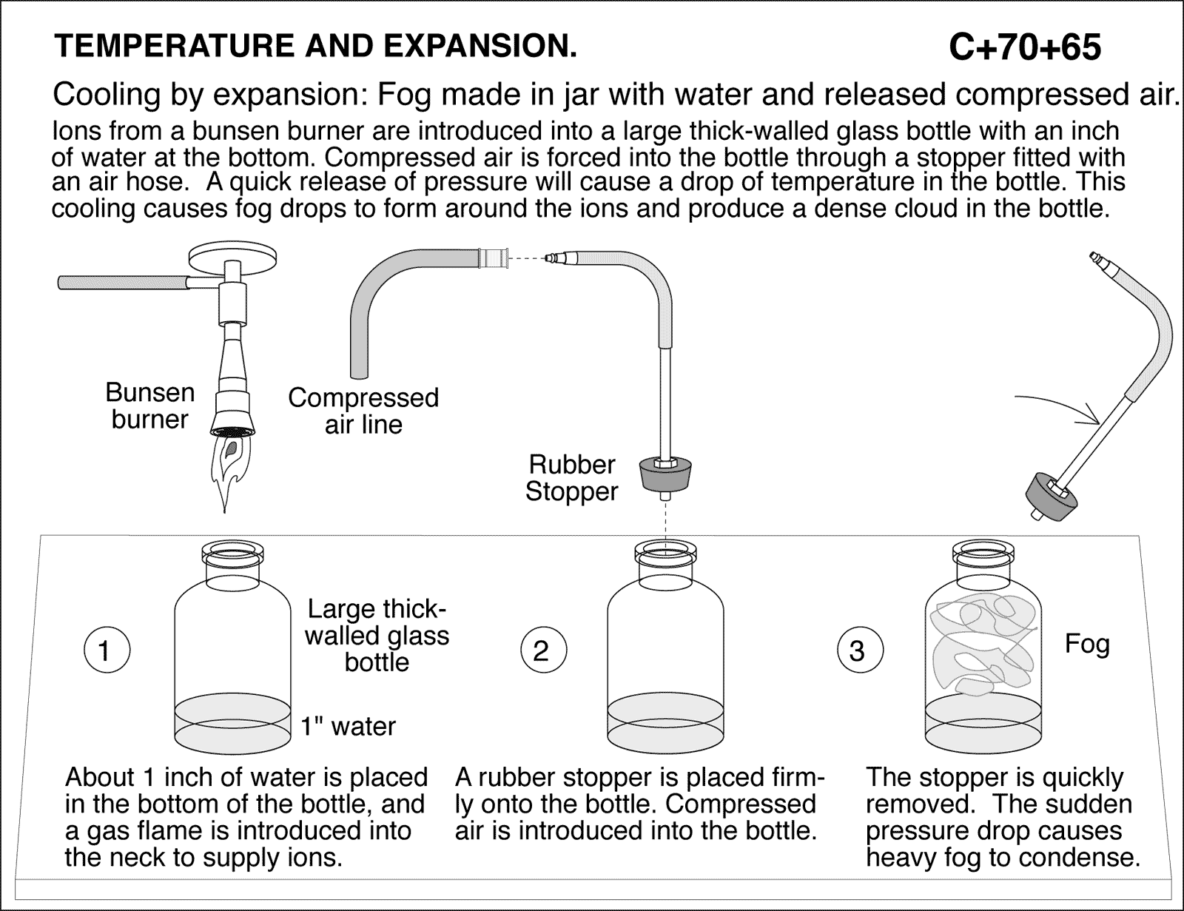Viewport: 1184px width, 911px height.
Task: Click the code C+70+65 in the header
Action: point(1024,47)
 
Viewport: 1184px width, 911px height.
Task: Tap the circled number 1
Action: point(104,651)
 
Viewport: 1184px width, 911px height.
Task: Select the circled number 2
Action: point(541,651)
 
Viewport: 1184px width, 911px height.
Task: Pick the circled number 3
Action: point(857,651)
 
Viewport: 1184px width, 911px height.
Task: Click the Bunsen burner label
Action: point(149,406)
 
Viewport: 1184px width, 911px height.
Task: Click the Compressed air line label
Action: point(363,411)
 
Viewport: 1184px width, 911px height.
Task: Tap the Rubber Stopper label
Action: point(571,478)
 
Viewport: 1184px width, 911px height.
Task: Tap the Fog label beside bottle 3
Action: point(1087,645)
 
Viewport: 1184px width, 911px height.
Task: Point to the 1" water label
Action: point(348,727)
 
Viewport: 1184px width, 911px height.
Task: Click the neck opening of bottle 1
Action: point(234,552)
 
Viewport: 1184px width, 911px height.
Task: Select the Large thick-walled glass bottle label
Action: point(377,636)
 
